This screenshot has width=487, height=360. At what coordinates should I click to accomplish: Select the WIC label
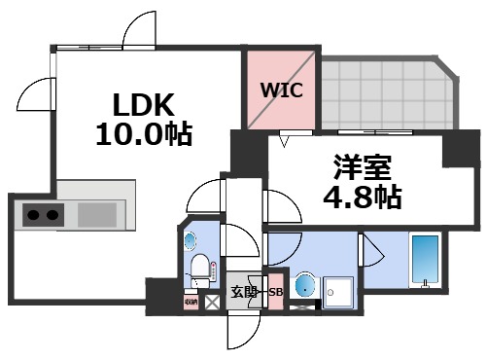pyautogui.click(x=281, y=90)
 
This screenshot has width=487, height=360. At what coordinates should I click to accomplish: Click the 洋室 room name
pyautogui.click(x=362, y=167)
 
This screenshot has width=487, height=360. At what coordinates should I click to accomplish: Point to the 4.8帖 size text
pyautogui.click(x=362, y=198)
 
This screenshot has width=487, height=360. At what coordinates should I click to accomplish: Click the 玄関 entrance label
pyautogui.click(x=243, y=292)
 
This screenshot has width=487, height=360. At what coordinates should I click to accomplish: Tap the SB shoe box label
pyautogui.click(x=275, y=292)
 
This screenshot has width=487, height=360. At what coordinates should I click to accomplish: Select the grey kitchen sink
pyautogui.click(x=96, y=214)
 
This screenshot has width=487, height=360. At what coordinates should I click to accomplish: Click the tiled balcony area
pyautogui.click(x=384, y=95)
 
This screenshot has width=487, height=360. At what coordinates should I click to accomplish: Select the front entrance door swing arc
pyautogui.click(x=240, y=331)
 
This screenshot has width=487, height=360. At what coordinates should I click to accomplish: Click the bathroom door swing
pyautogui.click(x=369, y=250)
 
